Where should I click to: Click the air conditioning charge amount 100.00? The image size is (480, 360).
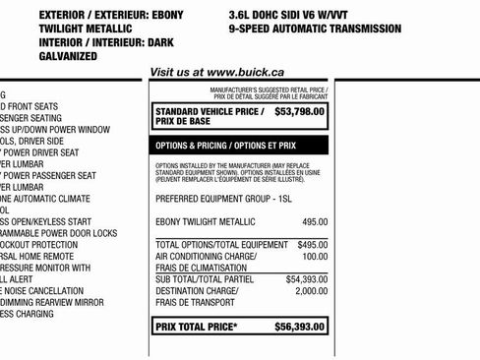pos(315,256)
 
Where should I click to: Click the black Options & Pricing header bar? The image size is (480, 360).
pos(240,145)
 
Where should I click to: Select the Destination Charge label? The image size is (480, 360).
pos(198,291)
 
